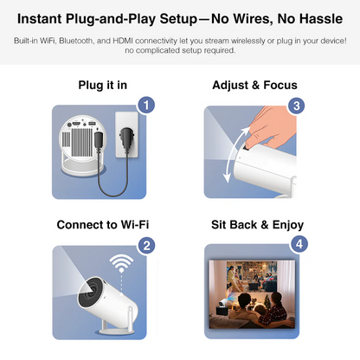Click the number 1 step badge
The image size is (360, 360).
pos(147,106)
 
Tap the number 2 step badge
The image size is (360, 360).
pos(147,245)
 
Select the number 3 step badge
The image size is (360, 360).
pos(298,106)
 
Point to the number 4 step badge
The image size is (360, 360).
pos(298,245)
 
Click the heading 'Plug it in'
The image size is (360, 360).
pos(102,85)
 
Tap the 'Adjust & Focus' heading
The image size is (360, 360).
pos(254,85)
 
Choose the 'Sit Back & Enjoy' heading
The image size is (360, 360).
pos(257,224)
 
